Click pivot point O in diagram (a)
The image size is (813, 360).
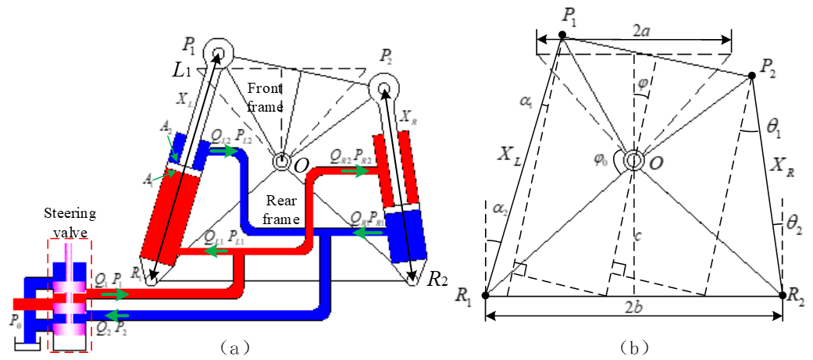[x=280, y=161]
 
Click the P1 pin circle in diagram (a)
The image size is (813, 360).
[x=217, y=55]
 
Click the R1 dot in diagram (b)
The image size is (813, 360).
[x=485, y=296]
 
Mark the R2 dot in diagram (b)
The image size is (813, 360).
[x=783, y=295]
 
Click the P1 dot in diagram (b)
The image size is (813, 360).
[x=562, y=35]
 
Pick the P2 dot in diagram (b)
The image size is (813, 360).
[x=751, y=75]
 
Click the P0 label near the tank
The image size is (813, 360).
[x=12, y=319]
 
